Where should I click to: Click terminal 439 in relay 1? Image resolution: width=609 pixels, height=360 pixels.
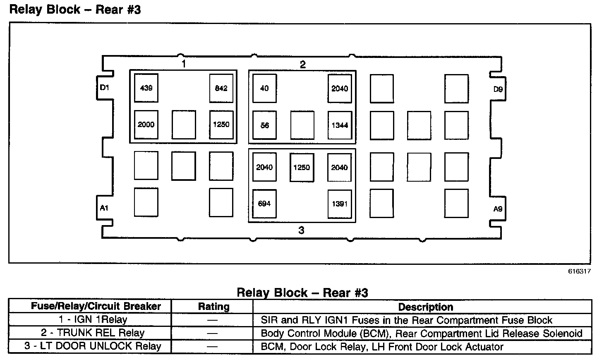tap(146, 88)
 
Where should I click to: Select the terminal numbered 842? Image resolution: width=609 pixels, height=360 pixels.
tap(221, 88)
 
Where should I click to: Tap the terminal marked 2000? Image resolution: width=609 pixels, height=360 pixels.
tap(146, 125)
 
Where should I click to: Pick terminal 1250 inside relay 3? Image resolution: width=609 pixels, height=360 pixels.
tap(302, 168)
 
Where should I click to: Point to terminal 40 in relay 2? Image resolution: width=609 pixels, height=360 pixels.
tap(264, 88)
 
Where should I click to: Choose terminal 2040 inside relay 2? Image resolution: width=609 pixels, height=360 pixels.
tap(340, 88)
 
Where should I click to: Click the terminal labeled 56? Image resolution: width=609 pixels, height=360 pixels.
tap(264, 125)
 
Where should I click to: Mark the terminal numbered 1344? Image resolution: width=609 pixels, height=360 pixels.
tap(340, 125)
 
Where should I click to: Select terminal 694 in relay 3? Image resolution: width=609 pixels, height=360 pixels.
tap(264, 204)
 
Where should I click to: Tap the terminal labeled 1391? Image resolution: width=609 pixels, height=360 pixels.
tap(340, 204)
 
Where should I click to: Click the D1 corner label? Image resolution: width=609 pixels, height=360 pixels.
tap(104, 88)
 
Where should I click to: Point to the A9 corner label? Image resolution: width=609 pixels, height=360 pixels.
tap(498, 209)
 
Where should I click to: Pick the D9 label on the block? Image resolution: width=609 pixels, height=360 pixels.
tap(498, 89)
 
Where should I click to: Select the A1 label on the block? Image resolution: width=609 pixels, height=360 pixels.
tap(104, 208)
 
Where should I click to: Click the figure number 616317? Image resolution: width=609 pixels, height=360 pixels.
tap(579, 271)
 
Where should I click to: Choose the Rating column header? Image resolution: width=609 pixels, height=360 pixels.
tap(213, 307)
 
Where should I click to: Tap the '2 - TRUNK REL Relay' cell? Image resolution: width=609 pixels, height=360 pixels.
tap(93, 333)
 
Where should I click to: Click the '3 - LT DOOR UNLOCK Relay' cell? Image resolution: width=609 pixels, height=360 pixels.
tap(93, 346)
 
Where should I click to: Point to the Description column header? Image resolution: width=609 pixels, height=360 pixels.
tap(425, 307)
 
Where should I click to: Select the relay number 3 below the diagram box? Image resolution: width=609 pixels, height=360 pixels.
tap(301, 230)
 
